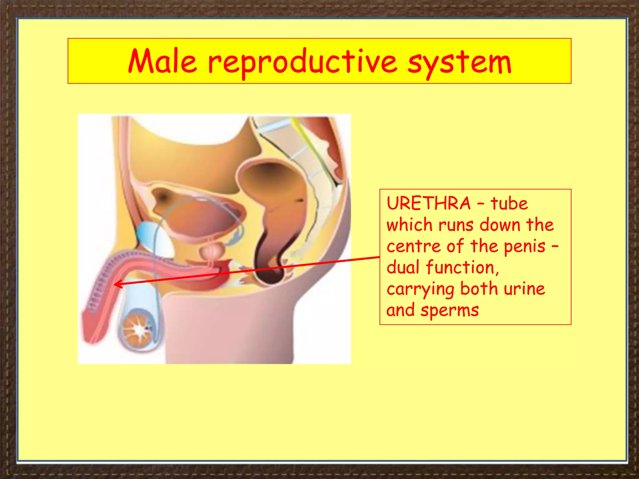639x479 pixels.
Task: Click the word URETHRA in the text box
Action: tap(428, 204)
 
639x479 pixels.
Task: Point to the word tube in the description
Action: tap(509, 204)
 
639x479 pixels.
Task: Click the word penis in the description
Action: tap(524, 246)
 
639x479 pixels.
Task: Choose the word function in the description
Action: tap(462, 268)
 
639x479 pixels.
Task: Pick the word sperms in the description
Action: tap(449, 311)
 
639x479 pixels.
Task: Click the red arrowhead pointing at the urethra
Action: tap(116, 284)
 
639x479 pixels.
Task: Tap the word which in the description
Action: tap(409, 225)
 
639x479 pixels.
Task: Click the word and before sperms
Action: tap(400, 311)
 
